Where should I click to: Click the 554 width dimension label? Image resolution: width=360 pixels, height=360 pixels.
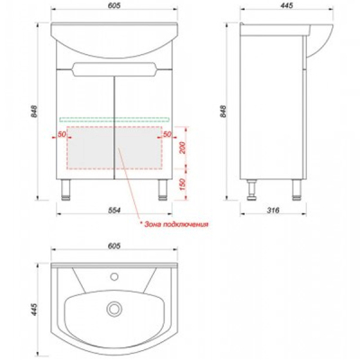pos(114,211)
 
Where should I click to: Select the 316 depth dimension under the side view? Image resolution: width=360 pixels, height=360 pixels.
pos(273,211)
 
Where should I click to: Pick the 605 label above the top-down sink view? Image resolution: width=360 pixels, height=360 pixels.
pos(114,246)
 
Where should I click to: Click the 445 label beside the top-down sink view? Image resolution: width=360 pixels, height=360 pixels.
pos(35,310)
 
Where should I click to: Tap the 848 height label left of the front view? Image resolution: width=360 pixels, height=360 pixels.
pos(35,111)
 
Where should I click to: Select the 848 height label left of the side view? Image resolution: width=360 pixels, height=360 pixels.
pos(222,111)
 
